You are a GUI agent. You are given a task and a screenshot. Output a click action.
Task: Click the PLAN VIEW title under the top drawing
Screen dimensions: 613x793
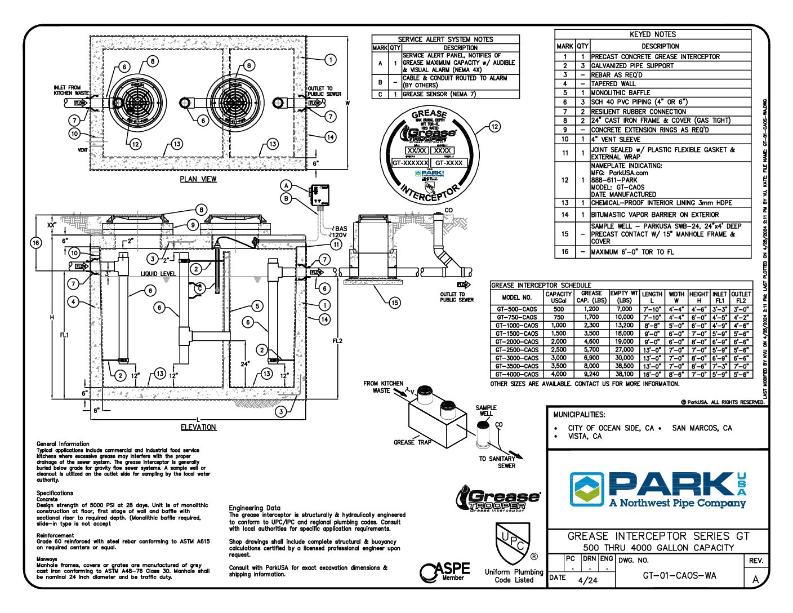tap(198, 179)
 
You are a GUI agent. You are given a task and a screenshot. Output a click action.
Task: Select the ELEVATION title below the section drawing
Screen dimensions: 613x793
tap(198, 427)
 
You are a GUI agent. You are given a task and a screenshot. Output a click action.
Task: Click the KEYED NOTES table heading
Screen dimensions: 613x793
tap(652, 34)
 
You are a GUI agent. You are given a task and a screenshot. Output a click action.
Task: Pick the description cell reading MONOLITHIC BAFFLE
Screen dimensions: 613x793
tap(620, 93)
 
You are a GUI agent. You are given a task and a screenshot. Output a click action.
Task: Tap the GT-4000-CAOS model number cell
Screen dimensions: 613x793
tap(516, 374)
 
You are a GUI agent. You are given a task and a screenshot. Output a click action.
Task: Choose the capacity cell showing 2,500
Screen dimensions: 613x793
tap(558, 350)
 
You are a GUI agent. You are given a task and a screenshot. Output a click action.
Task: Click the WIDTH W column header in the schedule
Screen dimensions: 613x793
tap(676, 297)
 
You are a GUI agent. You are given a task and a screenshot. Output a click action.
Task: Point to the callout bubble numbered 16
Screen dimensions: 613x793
tap(35, 243)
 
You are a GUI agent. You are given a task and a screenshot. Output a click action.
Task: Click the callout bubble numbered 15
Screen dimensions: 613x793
tap(395, 303)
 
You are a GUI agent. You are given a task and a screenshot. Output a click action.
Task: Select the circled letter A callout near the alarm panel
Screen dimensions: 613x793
tap(287, 185)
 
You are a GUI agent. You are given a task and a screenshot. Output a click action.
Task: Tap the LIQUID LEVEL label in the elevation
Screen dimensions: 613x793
tap(158, 274)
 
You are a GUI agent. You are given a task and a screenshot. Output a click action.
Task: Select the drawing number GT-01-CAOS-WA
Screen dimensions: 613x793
tap(679, 576)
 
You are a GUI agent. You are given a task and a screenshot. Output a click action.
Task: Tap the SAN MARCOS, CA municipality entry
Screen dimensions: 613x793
tap(702, 428)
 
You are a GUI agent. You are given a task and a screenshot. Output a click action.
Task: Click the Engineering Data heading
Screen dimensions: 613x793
tap(255, 508)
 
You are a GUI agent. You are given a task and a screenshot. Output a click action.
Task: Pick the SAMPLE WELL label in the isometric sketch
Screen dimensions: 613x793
tap(486, 410)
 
